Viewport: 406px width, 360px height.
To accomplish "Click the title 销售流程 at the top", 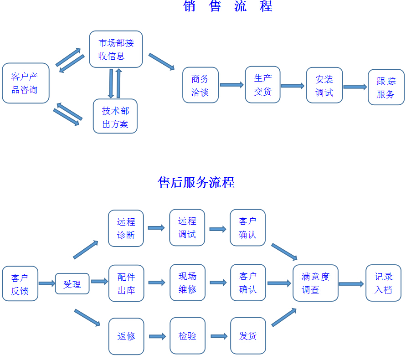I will [x=228, y=6].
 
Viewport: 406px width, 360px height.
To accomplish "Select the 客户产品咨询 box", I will [x=26, y=83].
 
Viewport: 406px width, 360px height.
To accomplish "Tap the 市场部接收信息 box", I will [x=116, y=49].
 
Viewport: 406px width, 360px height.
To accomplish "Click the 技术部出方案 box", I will [x=115, y=116].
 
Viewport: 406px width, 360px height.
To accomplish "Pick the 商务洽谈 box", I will [x=200, y=85].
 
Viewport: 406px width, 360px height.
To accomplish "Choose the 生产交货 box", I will [x=262, y=85].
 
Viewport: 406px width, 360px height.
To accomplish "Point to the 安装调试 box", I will [x=324, y=85].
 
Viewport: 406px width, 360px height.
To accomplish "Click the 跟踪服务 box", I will [x=386, y=87].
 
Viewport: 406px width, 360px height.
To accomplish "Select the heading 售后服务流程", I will [x=196, y=182].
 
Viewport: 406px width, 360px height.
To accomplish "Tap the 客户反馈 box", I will [x=20, y=283].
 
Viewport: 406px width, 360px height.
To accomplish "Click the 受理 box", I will [x=72, y=284].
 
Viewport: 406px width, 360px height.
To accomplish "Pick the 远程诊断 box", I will [x=126, y=228].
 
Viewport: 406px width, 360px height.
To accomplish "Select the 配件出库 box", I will [x=126, y=283].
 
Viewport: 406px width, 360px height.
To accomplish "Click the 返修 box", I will [x=126, y=336].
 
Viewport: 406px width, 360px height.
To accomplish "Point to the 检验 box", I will [x=187, y=336].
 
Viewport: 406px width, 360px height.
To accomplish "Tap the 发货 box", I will [x=248, y=336].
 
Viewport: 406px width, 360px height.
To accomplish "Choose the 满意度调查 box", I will [x=315, y=283].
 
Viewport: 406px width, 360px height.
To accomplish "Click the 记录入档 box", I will [x=383, y=283].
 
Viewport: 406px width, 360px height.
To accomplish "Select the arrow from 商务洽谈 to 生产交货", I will [x=231, y=85].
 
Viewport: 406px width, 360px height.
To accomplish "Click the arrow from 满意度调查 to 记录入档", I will [x=351, y=284].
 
